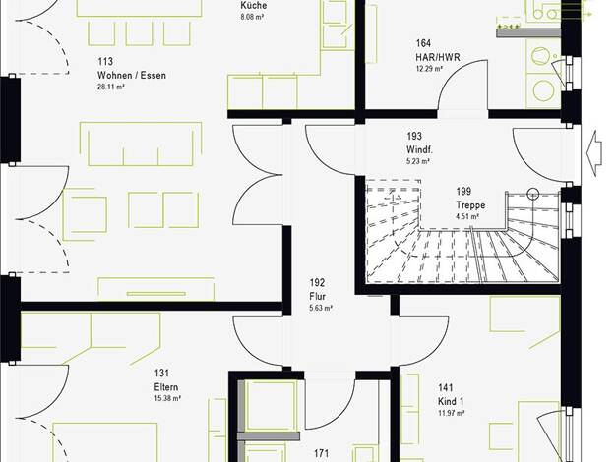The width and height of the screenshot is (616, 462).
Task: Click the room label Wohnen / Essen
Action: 132,75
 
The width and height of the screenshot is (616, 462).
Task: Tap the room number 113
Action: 105,61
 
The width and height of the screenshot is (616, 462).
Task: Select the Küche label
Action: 254,5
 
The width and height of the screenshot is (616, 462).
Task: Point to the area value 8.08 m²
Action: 252,17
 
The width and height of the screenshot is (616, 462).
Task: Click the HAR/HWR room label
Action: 438,57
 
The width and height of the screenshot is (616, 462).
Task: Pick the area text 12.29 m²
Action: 429,69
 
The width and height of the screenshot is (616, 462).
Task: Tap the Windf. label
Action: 419,149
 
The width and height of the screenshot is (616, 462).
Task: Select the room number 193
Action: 414,136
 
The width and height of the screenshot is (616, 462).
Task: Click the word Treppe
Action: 470,205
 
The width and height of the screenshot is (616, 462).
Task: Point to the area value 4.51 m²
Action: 467,216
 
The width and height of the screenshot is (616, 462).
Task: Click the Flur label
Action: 318,296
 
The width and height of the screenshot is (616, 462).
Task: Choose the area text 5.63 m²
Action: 321,308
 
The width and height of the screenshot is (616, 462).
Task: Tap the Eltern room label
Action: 165,387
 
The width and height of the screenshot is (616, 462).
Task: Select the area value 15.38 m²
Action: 167,399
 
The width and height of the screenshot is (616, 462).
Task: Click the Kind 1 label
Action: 451,402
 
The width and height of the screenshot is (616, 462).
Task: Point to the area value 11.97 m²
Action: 452,413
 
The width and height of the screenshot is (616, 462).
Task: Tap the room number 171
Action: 321,454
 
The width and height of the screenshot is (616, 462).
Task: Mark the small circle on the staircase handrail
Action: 533,194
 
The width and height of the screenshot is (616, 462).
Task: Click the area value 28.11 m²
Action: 111,87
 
